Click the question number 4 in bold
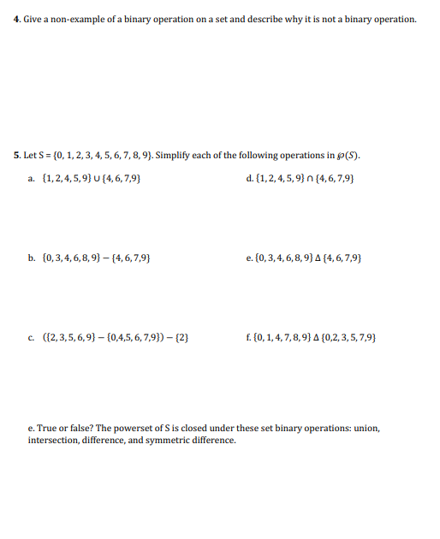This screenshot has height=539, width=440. pyautogui.click(x=18, y=19)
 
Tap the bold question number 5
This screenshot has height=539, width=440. pyautogui.click(x=18, y=156)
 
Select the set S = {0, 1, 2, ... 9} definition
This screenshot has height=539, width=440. pyautogui.click(x=98, y=156)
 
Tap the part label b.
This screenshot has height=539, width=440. pyautogui.click(x=31, y=256)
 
